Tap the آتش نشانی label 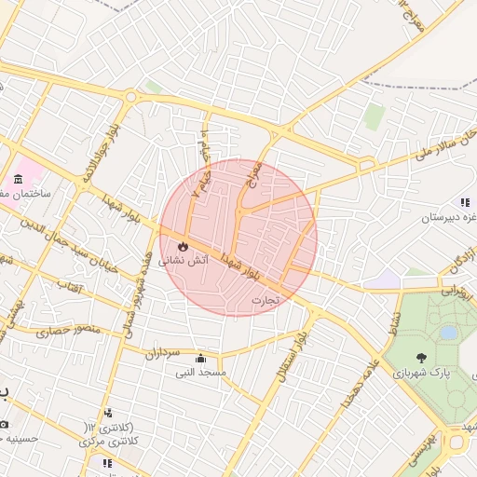pyautogui.click(x=183, y=262)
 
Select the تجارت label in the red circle pyautogui.click(x=265, y=301)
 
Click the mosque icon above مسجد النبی pyautogui.click(x=200, y=359)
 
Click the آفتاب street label pyautogui.click(x=71, y=282)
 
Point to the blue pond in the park pyautogui.click(x=448, y=332)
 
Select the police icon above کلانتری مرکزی pyautogui.click(x=109, y=413)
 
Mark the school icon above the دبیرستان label pyautogui.click(x=464, y=202)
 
